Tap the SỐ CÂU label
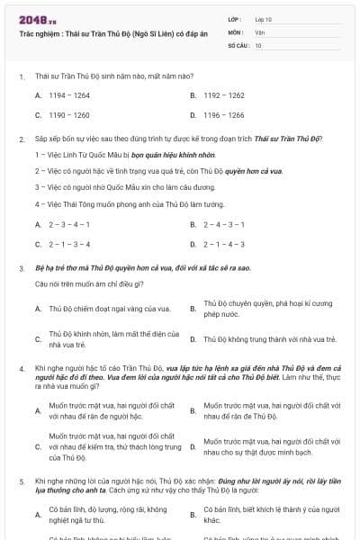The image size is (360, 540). click(238, 44)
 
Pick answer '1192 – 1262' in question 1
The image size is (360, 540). click(224, 94)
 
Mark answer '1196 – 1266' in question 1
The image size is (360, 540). click(224, 115)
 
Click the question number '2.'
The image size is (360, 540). click(22, 139)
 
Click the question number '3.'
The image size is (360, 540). click(22, 268)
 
